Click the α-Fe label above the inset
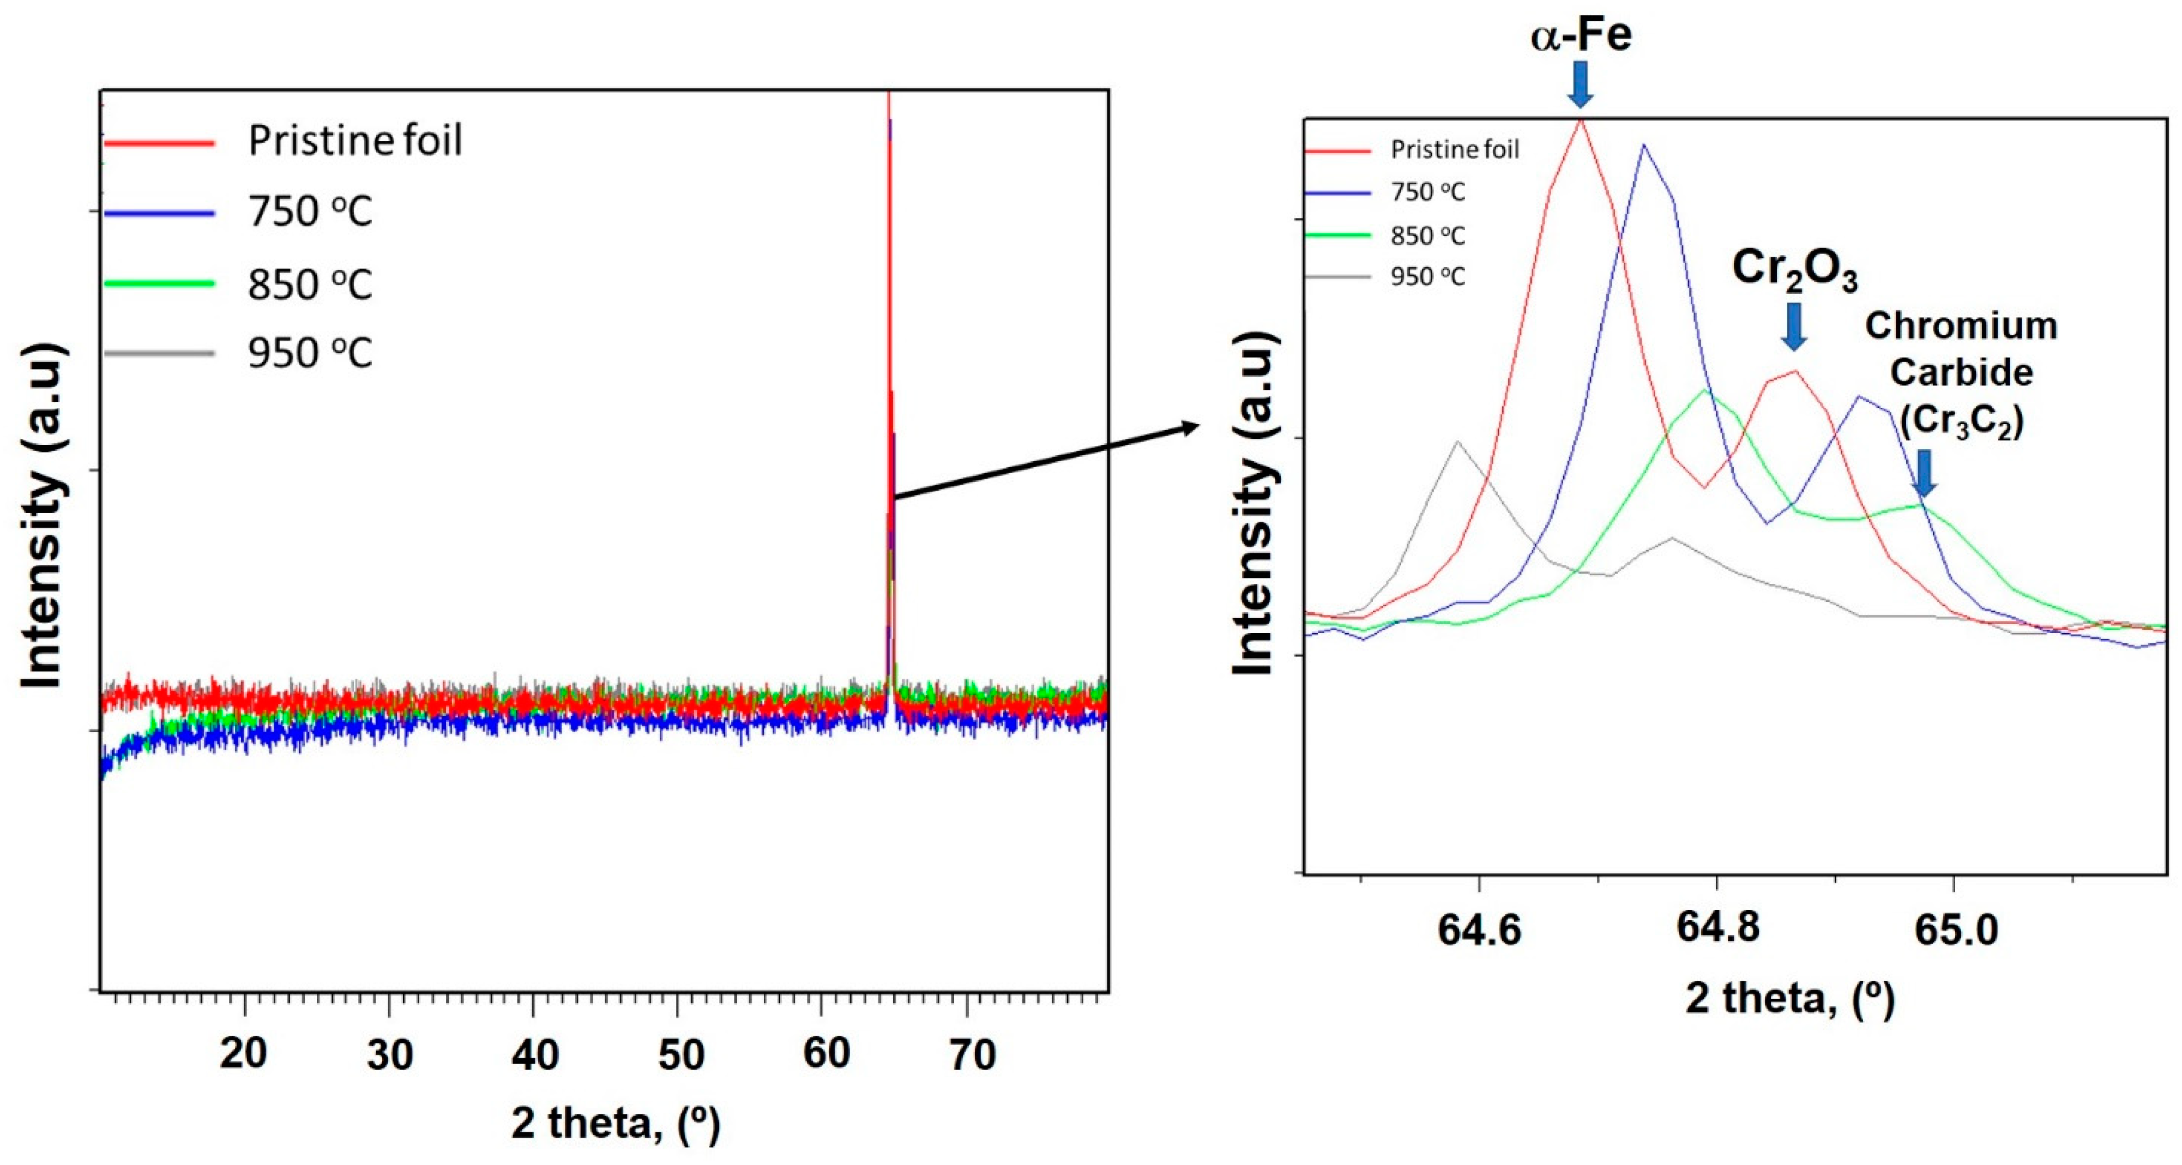1581,35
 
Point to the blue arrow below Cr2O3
1793,327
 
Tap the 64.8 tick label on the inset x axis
1717,928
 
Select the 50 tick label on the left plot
680,1055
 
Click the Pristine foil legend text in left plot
355,141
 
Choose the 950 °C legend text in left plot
310,353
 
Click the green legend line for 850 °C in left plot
159,283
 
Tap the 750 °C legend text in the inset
1427,193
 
